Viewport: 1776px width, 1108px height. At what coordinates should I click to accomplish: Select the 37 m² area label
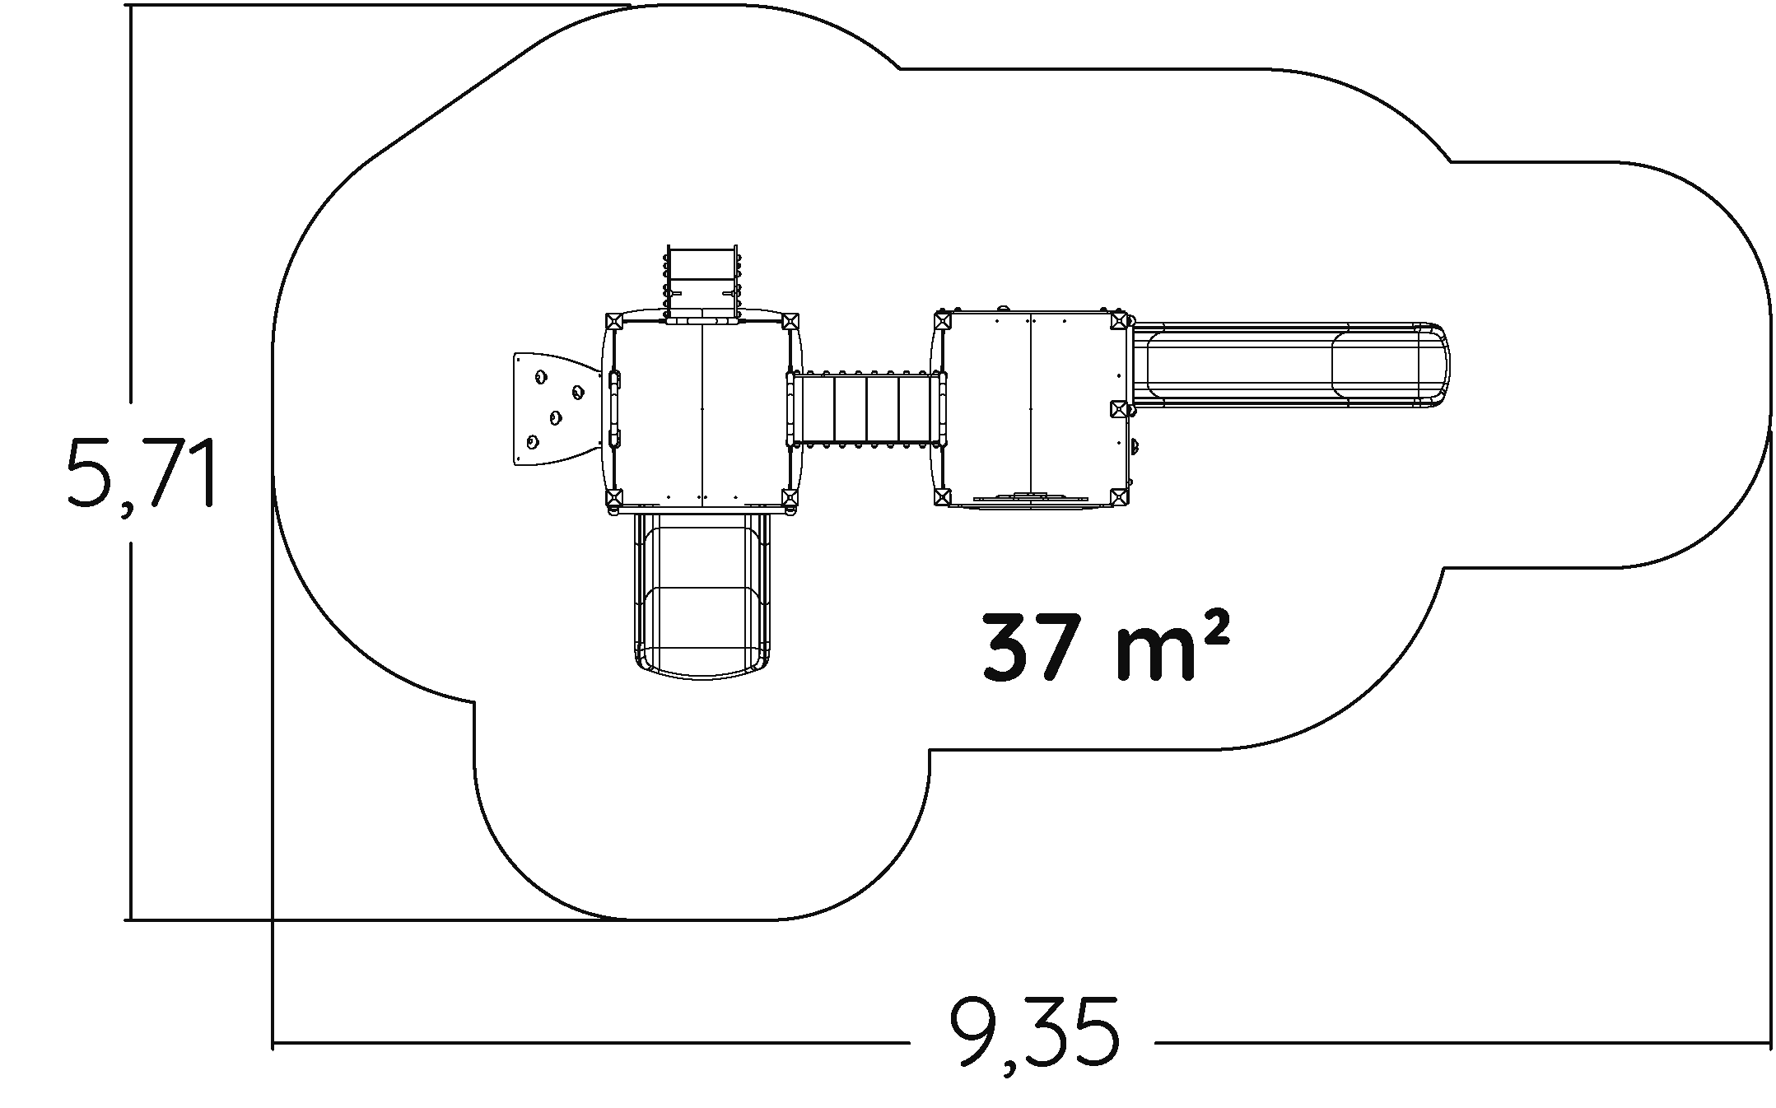pyautogui.click(x=1106, y=648)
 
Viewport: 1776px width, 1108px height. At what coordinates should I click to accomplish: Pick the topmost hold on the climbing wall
pyautogui.click(x=541, y=377)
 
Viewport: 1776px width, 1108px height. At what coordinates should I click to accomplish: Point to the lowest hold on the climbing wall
pyautogui.click(x=532, y=443)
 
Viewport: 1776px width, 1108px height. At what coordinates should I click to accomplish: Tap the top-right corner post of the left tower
pyautogui.click(x=790, y=321)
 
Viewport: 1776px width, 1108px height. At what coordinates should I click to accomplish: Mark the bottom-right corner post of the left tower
pyautogui.click(x=790, y=497)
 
